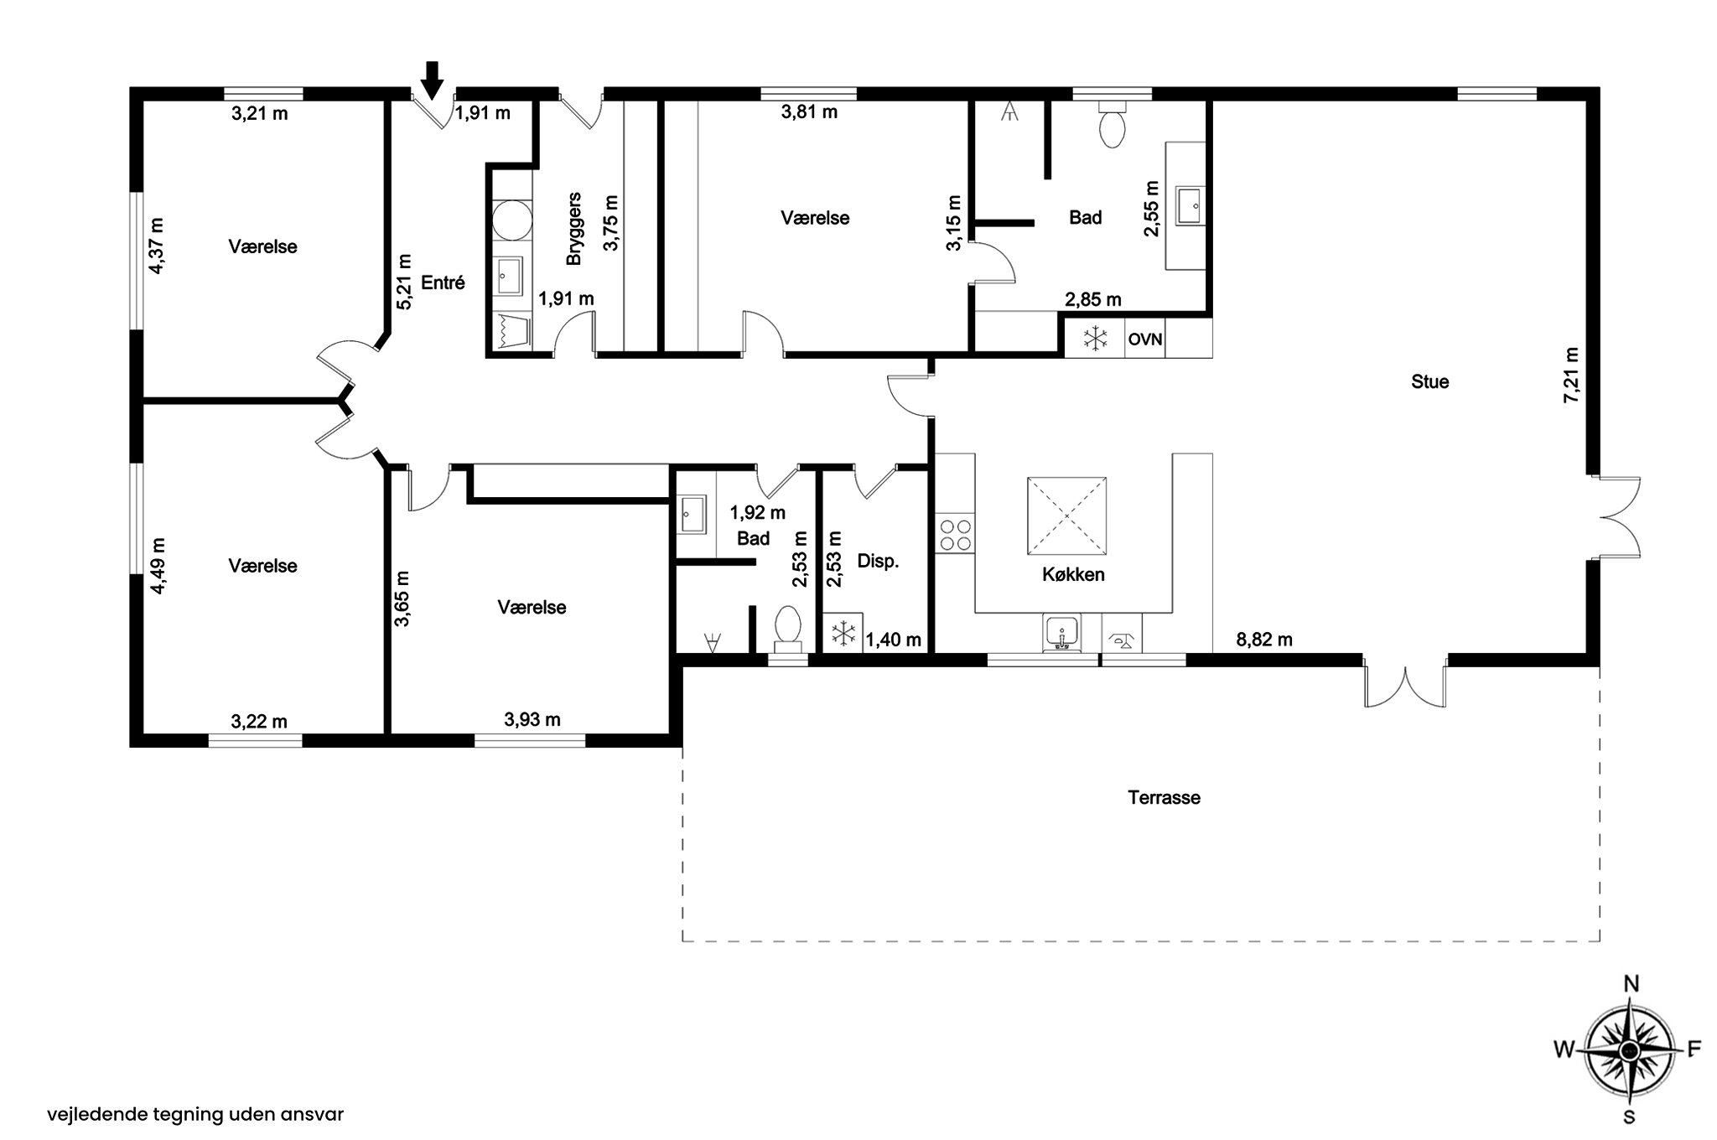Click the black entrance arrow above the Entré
point(432,80)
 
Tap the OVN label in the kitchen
point(1144,339)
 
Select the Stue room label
point(1429,382)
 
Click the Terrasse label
point(1164,797)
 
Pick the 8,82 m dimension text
point(1264,640)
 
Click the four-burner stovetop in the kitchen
point(956,535)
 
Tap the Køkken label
point(1073,575)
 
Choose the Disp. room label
point(878,562)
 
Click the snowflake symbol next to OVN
point(1094,339)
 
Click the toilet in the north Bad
point(1112,127)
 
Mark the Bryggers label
point(574,229)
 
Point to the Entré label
point(443,282)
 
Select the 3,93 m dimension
point(532,719)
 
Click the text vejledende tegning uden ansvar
point(195,1115)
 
